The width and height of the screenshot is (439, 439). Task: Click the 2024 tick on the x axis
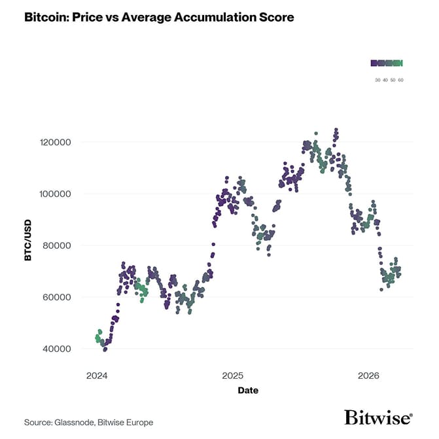(97, 376)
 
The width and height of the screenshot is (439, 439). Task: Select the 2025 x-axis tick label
(233, 376)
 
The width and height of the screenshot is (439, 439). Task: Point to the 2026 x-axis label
(368, 376)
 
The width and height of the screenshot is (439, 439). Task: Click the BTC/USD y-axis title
(28, 239)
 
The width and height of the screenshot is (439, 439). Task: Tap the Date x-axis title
(247, 391)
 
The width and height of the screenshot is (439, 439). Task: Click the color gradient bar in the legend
(387, 63)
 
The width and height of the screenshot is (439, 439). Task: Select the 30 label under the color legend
(378, 80)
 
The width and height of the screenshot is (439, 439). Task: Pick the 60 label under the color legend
(400, 80)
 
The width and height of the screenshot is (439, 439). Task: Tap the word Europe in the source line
(139, 423)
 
